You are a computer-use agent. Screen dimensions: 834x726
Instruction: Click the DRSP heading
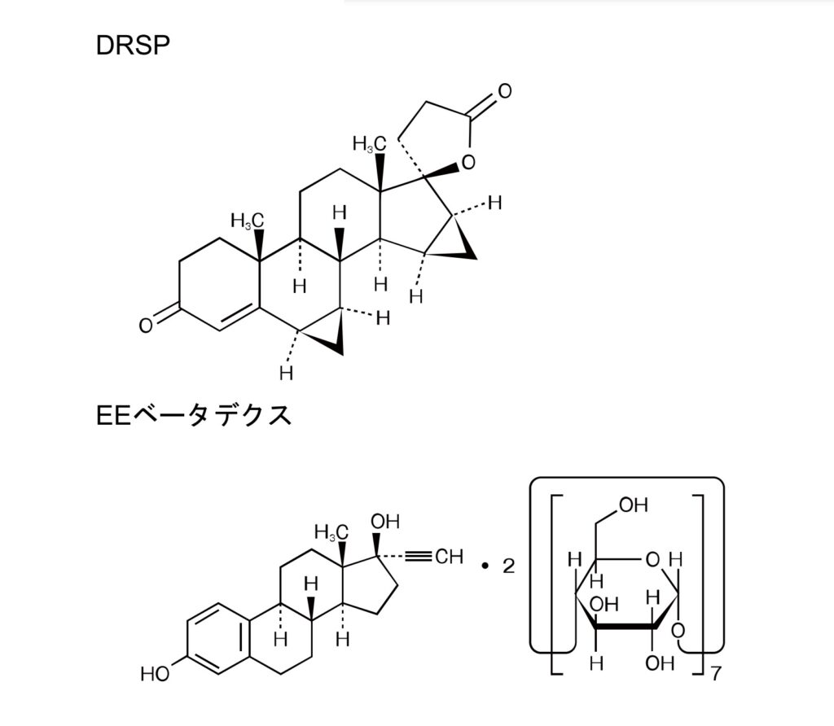click(x=133, y=46)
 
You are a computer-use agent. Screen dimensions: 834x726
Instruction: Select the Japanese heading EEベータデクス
click(x=194, y=415)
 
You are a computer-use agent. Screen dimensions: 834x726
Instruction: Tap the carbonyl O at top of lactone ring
click(x=505, y=91)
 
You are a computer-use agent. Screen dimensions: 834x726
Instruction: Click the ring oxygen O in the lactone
click(x=468, y=162)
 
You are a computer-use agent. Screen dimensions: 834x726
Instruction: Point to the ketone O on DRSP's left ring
click(x=146, y=326)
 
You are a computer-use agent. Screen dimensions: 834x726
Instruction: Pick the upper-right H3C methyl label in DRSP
click(x=369, y=143)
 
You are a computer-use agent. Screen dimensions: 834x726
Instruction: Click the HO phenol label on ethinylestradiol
click(x=156, y=674)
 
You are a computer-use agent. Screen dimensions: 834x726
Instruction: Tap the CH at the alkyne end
click(x=450, y=557)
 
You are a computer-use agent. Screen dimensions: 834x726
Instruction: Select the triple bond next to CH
click(x=418, y=557)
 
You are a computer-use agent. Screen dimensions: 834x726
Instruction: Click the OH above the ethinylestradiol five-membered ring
click(x=385, y=522)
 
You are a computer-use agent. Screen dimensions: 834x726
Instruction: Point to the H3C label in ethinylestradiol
click(x=331, y=531)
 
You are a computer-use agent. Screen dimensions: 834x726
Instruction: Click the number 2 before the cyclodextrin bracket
click(x=509, y=566)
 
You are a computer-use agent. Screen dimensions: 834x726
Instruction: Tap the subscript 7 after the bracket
click(x=716, y=674)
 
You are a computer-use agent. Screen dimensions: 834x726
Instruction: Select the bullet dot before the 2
click(x=485, y=566)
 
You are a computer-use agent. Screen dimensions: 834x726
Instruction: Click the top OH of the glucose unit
click(x=634, y=505)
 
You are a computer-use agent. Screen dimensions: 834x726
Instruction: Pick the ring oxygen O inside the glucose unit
click(x=652, y=560)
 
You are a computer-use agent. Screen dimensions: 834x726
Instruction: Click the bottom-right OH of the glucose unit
click(x=660, y=663)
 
